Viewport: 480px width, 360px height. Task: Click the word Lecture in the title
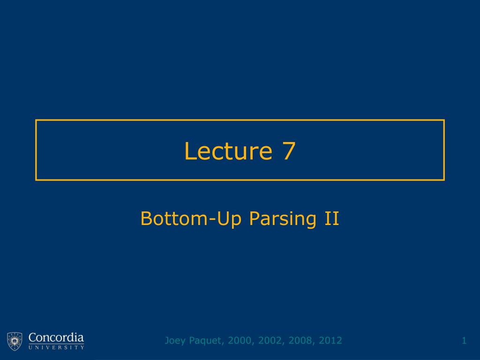point(228,151)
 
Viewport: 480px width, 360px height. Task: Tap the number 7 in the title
point(289,151)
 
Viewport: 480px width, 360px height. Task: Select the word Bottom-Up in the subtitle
point(190,218)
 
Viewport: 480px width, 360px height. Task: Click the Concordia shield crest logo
point(15,341)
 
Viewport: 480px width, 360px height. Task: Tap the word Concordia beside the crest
point(56,337)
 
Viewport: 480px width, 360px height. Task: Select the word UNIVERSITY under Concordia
point(56,347)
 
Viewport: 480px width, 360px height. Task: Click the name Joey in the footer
point(174,340)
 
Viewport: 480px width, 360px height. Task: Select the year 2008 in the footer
point(299,340)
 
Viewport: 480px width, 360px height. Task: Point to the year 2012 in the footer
point(330,340)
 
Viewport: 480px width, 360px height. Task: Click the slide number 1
point(464,340)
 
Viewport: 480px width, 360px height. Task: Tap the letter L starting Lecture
point(189,151)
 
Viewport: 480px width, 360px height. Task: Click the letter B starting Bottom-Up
point(145,218)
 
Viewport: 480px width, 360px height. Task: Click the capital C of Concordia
point(32,337)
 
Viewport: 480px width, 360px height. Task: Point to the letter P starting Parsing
point(253,218)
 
